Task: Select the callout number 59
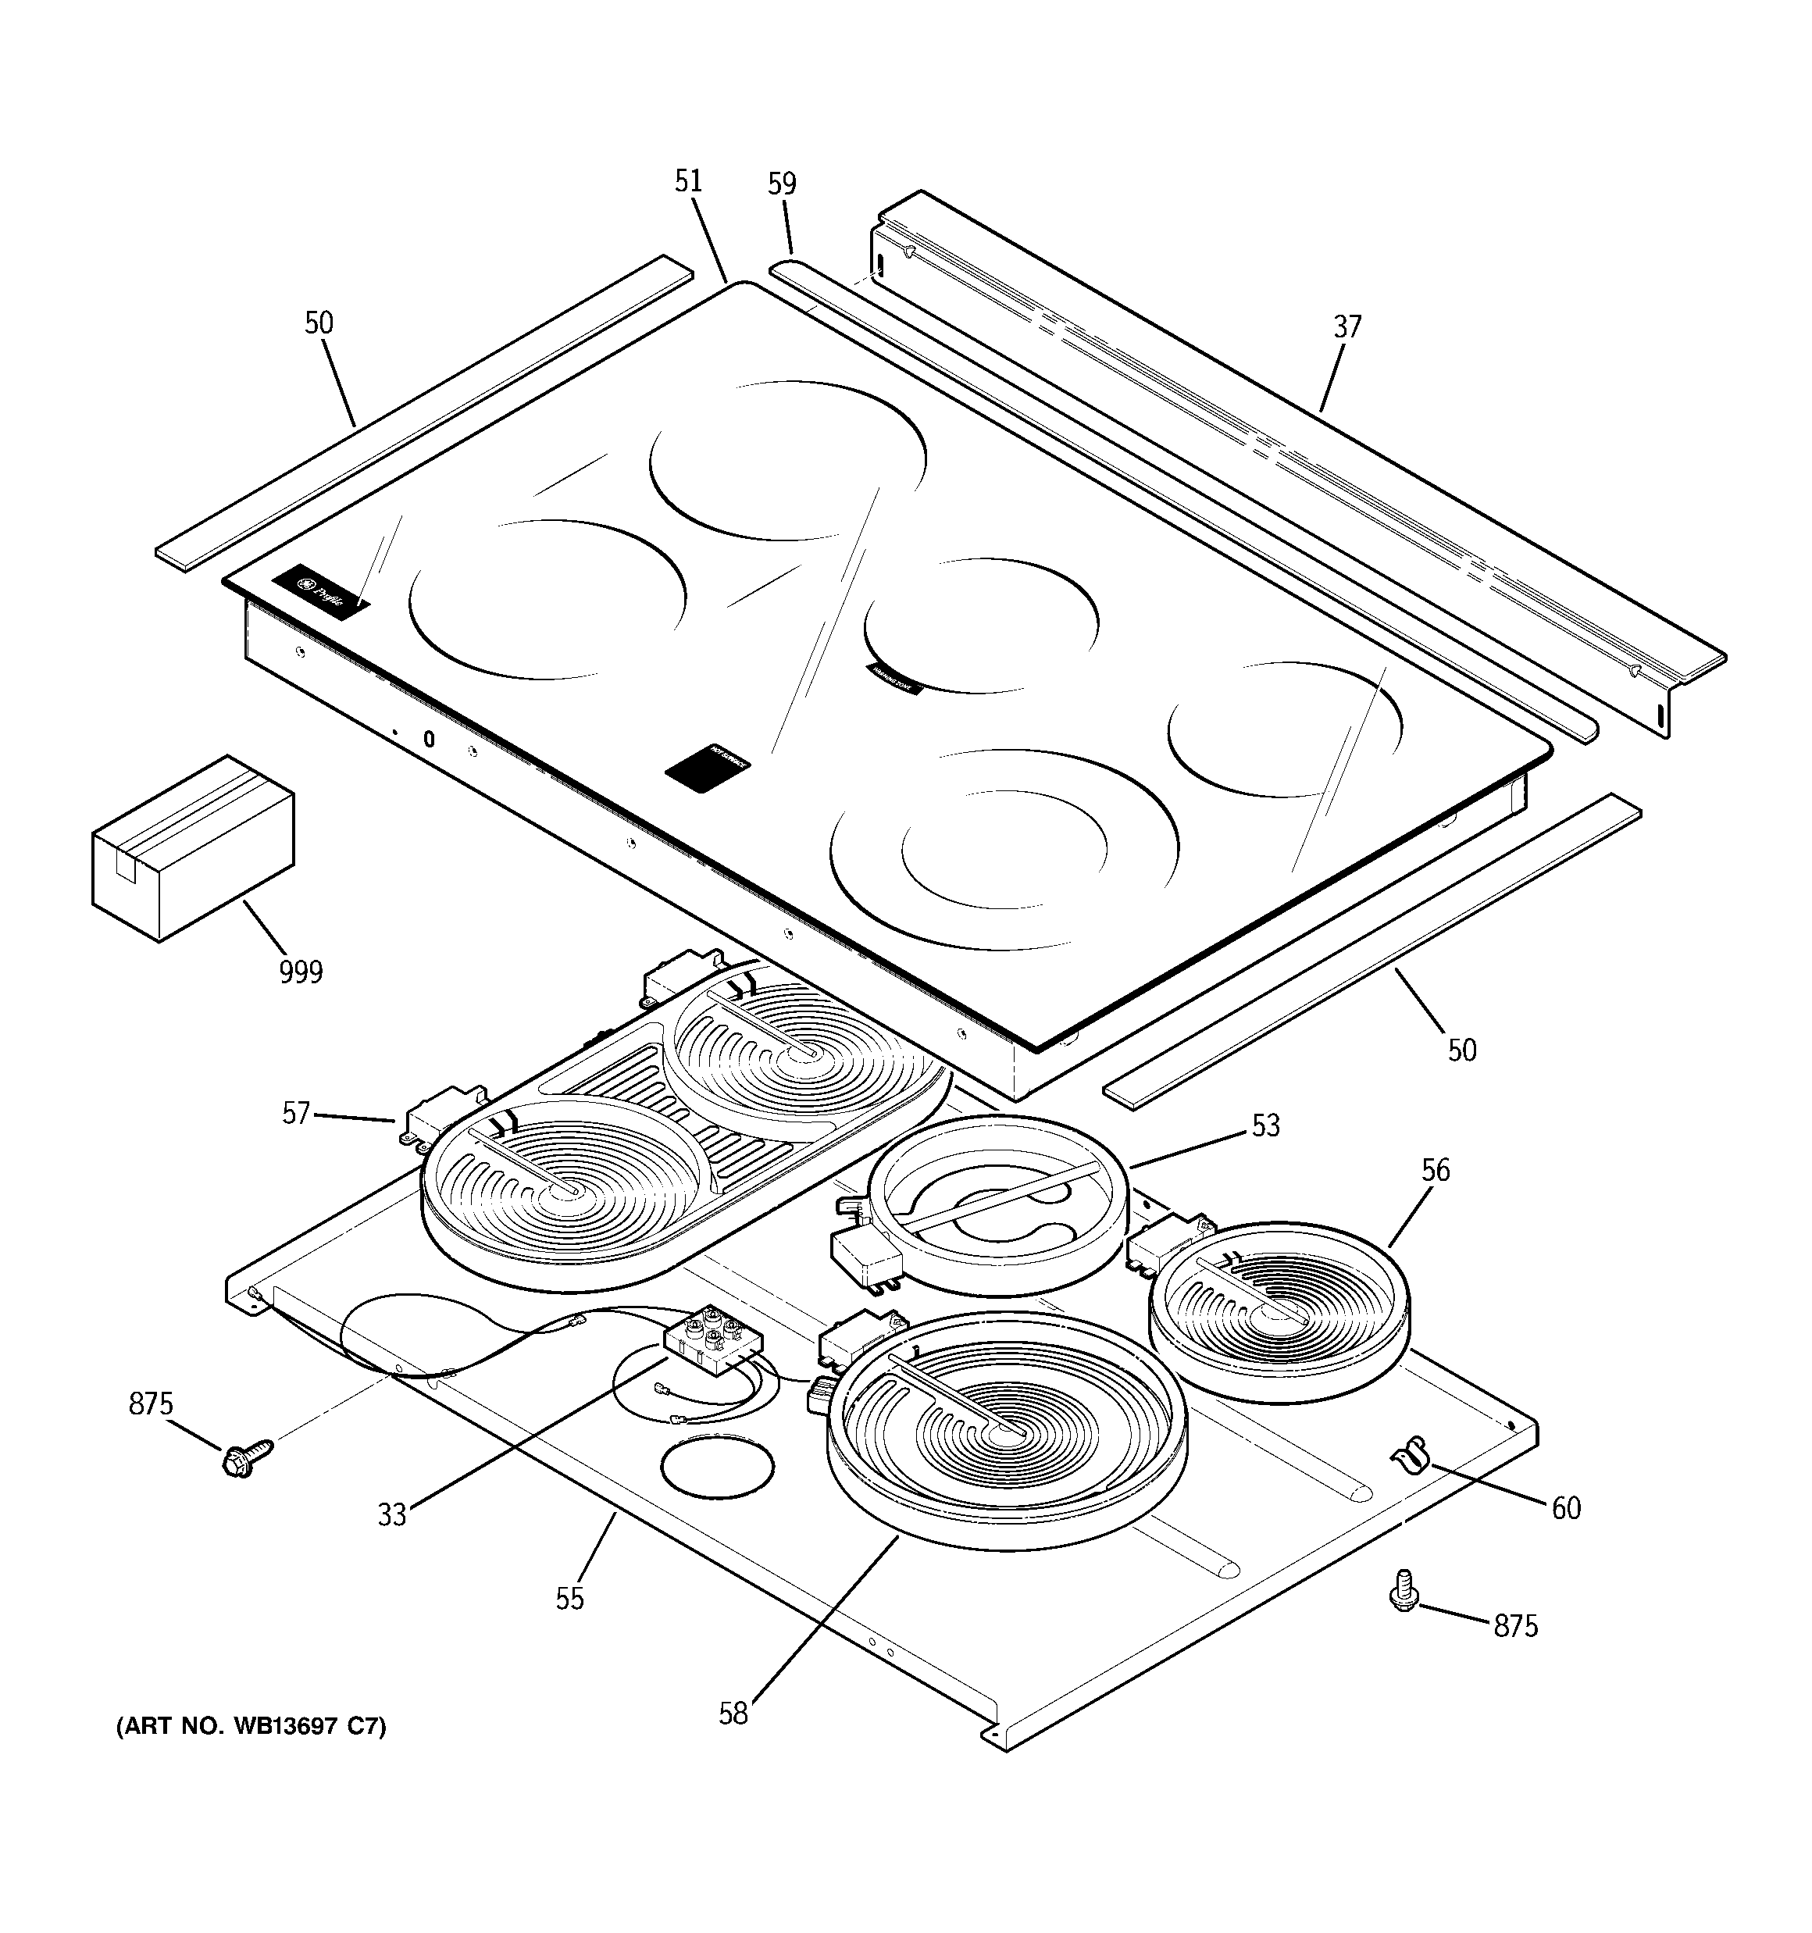[x=781, y=184]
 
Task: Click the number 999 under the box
[x=301, y=972]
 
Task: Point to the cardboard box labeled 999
[x=193, y=847]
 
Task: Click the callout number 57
[x=296, y=1113]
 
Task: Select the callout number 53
[x=1265, y=1126]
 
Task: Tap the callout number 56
[x=1435, y=1170]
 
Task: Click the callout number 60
[x=1566, y=1508]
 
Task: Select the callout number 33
[x=392, y=1515]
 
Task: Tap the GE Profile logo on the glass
[x=321, y=592]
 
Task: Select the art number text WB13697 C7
[x=251, y=1727]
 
